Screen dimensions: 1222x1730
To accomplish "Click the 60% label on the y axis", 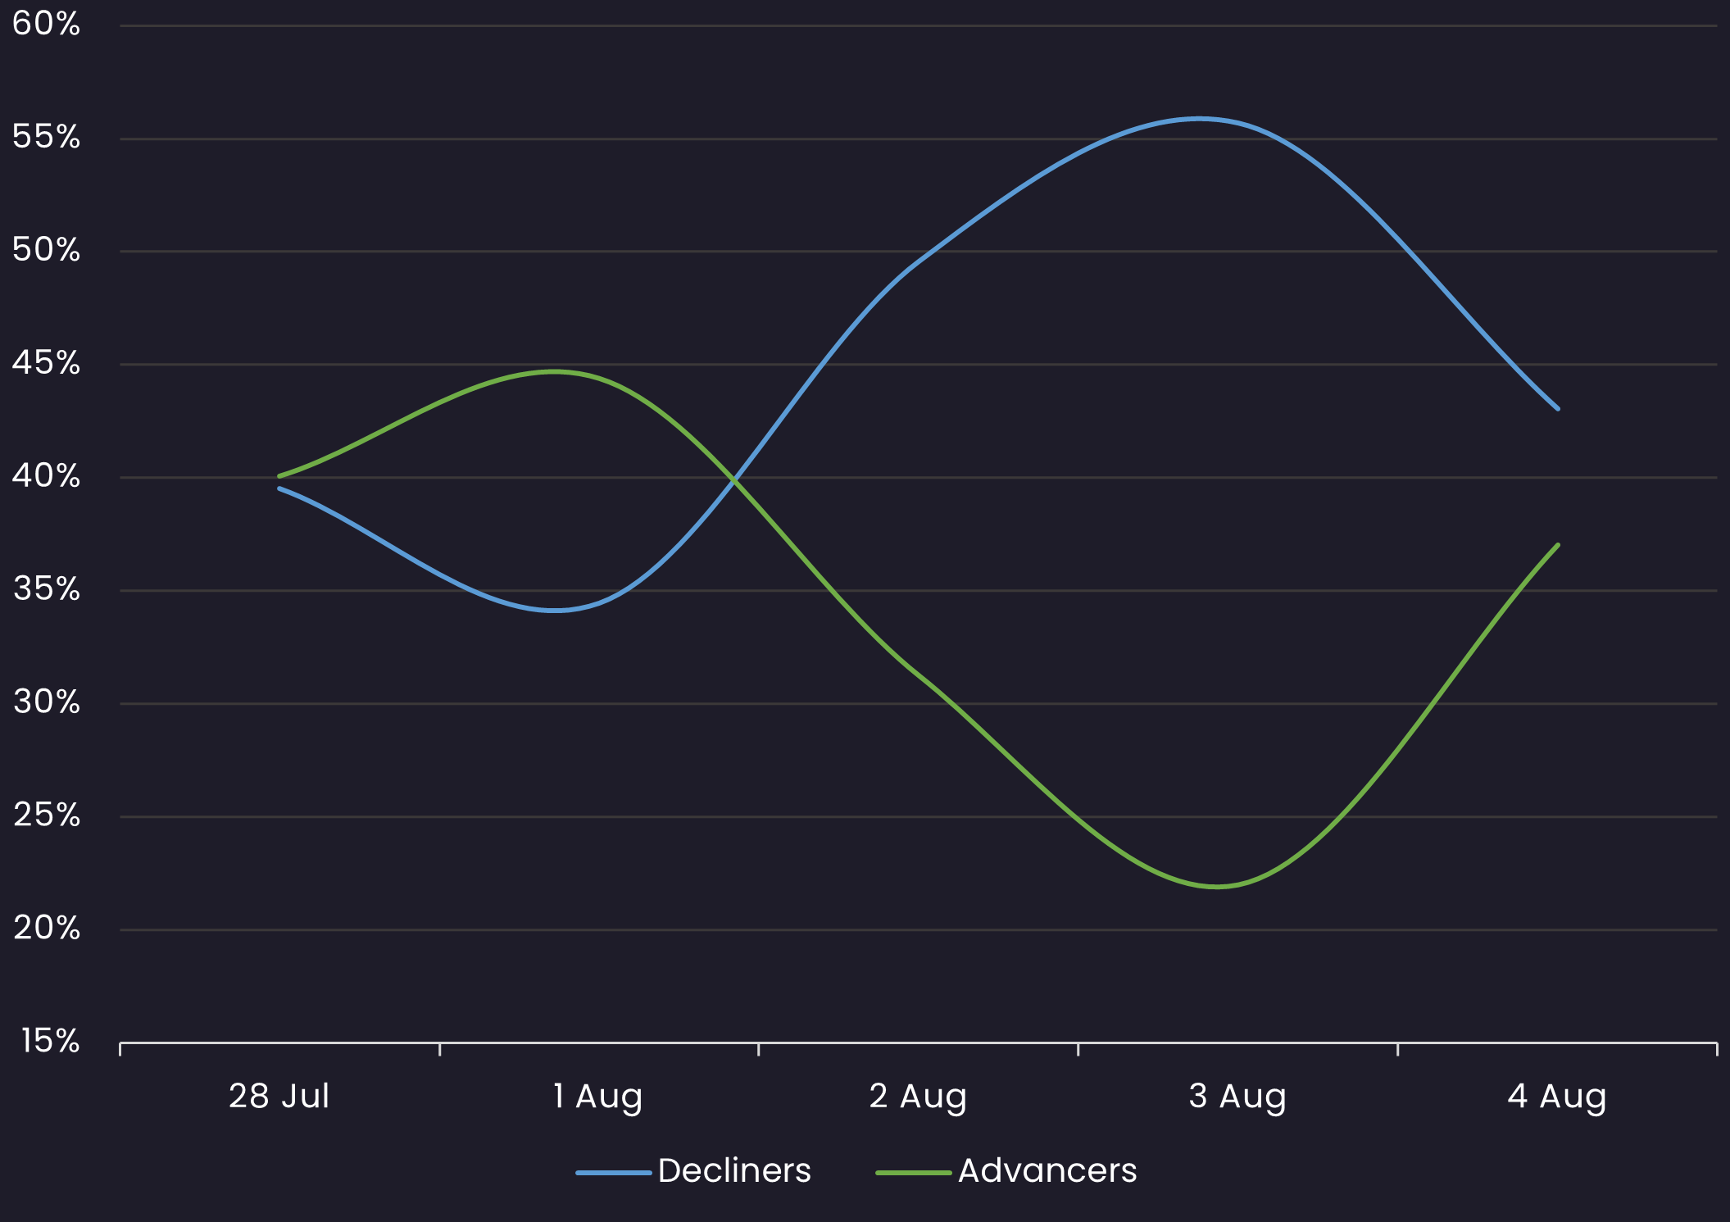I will pos(46,25).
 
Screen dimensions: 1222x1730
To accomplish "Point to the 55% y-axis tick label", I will pos(46,138).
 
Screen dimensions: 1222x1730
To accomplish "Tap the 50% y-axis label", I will pos(46,251).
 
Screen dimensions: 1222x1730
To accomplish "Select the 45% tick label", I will pos(46,364).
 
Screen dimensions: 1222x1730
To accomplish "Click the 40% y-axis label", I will pos(46,477).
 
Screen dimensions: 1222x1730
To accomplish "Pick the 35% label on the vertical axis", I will pos(46,590).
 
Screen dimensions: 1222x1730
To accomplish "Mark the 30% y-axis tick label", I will pos(46,703).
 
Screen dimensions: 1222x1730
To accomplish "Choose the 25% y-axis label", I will pos(46,816).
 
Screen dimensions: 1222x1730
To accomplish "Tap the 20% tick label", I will pos(46,929).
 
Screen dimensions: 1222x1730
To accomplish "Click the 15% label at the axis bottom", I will pos(50,1042).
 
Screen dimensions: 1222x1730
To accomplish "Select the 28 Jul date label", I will pos(279,1097).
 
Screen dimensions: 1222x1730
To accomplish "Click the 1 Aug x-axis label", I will pos(597,1097).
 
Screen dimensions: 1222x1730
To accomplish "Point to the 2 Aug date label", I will pos(918,1097).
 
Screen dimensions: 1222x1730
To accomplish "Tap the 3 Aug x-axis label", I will pos(1237,1097).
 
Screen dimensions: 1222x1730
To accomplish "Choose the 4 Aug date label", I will pos(1557,1097).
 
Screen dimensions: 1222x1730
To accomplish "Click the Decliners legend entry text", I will pos(734,1171).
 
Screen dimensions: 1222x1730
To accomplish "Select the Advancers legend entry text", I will pos(1047,1171).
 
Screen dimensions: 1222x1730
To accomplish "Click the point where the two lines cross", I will pos(734,479).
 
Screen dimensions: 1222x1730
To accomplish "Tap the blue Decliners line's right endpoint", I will pos(1557,408).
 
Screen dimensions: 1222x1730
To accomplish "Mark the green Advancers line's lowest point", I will pos(1216,886).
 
